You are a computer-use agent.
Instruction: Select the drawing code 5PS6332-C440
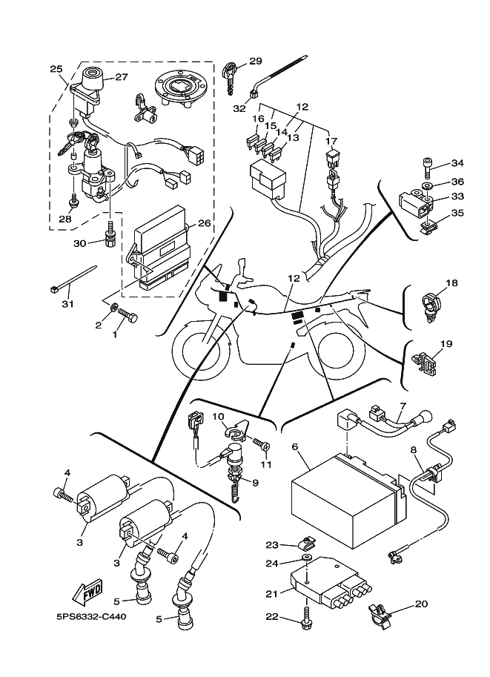click(90, 616)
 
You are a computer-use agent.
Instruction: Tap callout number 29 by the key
click(255, 61)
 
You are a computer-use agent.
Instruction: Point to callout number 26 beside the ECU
click(205, 222)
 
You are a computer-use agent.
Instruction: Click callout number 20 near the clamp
click(420, 604)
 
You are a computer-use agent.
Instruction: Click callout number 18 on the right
click(451, 283)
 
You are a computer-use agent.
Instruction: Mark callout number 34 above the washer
click(457, 163)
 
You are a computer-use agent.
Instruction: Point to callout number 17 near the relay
click(331, 140)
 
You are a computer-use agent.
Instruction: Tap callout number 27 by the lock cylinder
click(121, 76)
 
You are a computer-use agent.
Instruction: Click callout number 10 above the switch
click(219, 417)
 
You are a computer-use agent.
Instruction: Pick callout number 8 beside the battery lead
click(414, 449)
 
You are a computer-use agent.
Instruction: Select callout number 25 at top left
click(56, 69)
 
